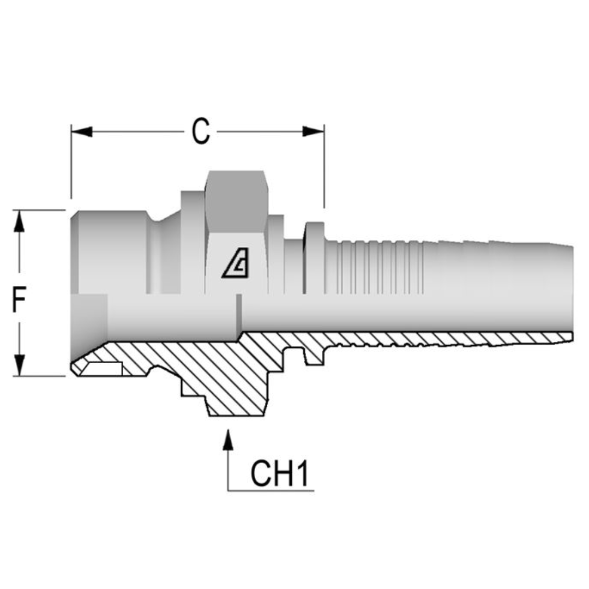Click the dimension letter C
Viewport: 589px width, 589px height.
pyautogui.click(x=201, y=131)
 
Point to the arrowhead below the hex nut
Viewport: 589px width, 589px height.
pyautogui.click(x=228, y=440)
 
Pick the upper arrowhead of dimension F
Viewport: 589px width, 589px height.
pyautogui.click(x=19, y=221)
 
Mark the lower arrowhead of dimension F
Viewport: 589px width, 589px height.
pyautogui.click(x=19, y=365)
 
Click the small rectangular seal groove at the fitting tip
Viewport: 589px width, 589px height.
pyautogui.click(x=104, y=369)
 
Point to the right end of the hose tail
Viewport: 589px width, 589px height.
pyautogui.click(x=570, y=289)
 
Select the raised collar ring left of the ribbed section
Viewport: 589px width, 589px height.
pyautogui.click(x=314, y=256)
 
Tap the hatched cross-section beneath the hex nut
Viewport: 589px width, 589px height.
pyautogui.click(x=229, y=382)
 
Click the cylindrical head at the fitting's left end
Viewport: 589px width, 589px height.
pyautogui.click(x=109, y=251)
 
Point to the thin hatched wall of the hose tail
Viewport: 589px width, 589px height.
pyautogui.click(x=436, y=339)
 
